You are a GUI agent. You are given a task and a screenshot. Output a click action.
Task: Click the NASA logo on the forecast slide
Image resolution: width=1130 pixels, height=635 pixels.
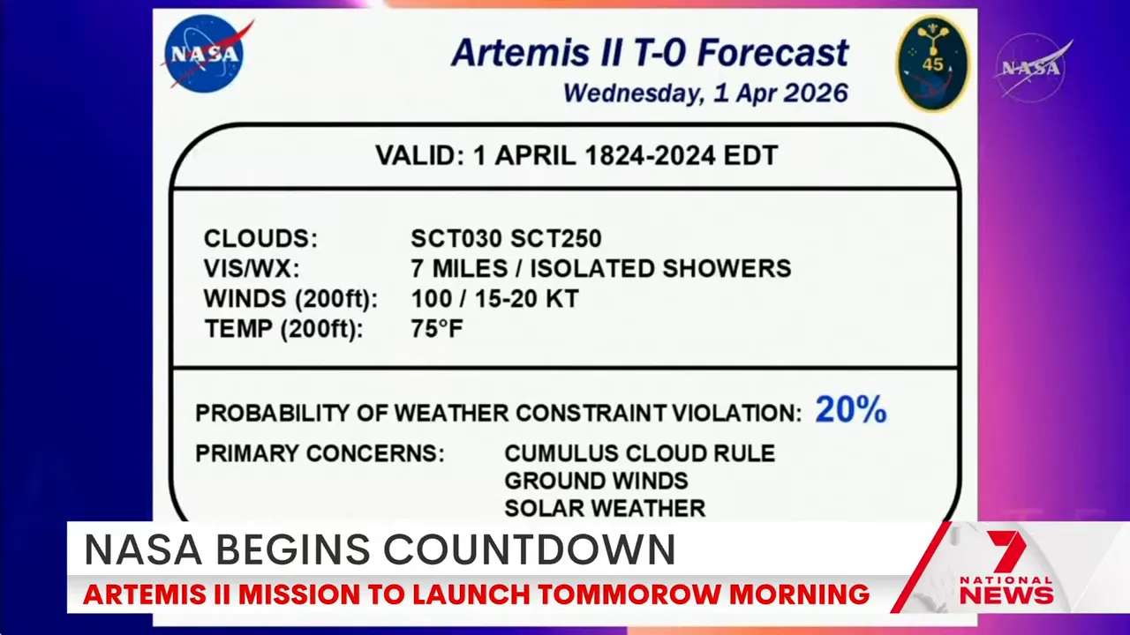tap(206, 54)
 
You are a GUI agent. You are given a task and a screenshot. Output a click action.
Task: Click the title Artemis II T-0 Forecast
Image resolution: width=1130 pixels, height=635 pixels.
tap(650, 53)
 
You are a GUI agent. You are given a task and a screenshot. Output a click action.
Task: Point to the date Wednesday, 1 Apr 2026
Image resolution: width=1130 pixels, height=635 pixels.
tap(705, 93)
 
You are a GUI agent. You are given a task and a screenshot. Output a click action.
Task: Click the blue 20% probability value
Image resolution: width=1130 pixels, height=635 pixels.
tap(850, 410)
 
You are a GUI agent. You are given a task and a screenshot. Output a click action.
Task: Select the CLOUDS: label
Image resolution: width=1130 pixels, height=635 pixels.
tap(260, 239)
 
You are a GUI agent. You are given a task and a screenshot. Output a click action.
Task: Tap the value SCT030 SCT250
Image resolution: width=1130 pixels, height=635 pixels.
tap(506, 239)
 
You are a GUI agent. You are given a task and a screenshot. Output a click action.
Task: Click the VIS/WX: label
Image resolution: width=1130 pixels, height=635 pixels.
tap(252, 269)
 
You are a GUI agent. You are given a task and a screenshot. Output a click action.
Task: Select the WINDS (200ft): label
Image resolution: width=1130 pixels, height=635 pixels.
tap(290, 299)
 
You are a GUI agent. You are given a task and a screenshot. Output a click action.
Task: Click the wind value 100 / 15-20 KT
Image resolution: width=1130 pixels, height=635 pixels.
tap(494, 299)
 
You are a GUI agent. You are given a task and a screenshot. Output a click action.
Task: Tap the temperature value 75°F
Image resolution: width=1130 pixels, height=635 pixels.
tap(437, 329)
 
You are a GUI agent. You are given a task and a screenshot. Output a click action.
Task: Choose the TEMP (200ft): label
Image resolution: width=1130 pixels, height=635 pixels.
tap(283, 329)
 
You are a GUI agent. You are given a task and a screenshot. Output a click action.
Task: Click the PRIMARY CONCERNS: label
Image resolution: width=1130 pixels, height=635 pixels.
tap(320, 453)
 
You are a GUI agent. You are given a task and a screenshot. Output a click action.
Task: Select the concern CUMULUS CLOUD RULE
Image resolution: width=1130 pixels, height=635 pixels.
tap(639, 453)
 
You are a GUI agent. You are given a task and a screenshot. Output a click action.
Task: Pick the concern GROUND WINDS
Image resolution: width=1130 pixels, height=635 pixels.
tap(596, 481)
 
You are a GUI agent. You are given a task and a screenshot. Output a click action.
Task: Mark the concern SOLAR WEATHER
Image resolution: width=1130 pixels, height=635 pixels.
tap(605, 508)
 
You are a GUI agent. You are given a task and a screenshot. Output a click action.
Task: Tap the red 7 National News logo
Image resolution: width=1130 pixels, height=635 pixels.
tap(1006, 571)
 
